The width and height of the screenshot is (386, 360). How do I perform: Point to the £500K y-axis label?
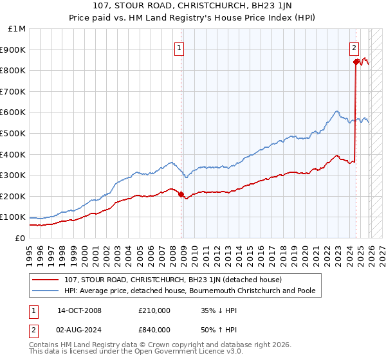(x=14, y=134)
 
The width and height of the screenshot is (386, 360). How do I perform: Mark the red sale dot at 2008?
(x=181, y=194)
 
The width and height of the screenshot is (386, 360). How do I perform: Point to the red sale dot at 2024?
(x=356, y=62)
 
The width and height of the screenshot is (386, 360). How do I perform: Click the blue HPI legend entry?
(x=190, y=291)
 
